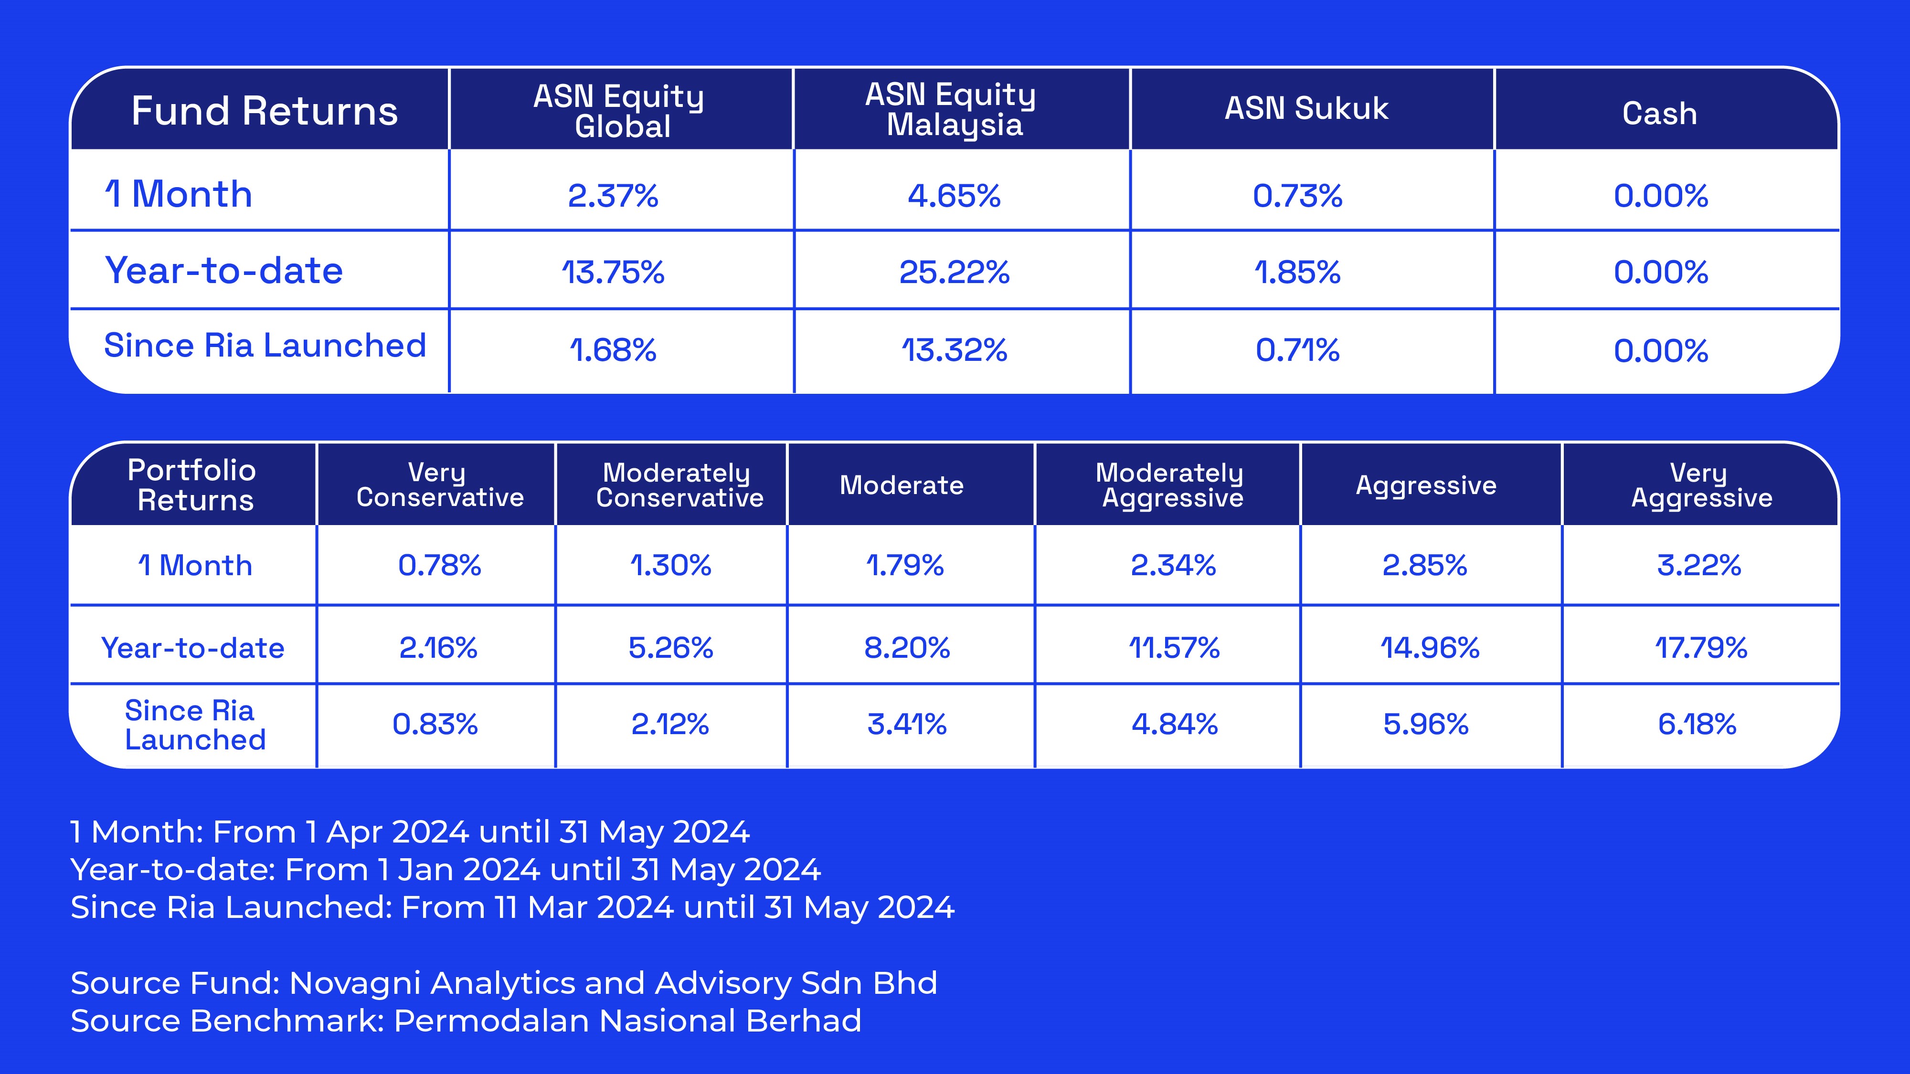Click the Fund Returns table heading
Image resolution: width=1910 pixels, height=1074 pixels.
click(264, 111)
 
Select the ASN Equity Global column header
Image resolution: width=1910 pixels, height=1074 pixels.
click(620, 111)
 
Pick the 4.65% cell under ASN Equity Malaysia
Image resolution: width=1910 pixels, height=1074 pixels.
click(954, 196)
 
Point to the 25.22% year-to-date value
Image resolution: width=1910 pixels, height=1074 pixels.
click(954, 272)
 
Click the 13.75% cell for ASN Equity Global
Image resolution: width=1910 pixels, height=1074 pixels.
click(613, 272)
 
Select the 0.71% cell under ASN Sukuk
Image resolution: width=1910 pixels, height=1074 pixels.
click(1297, 350)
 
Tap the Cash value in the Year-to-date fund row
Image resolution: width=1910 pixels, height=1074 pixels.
click(1661, 272)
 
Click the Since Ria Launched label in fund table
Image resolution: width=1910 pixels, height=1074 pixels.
click(265, 346)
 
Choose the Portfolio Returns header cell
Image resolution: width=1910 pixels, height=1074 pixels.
click(193, 485)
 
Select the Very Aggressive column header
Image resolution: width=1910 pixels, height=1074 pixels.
click(1701, 485)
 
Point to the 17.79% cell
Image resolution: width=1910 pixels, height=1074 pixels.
click(1701, 648)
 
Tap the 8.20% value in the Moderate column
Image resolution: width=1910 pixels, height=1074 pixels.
click(907, 648)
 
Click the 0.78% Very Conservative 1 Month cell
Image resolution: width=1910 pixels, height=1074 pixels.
click(439, 566)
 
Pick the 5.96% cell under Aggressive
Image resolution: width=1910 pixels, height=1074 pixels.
click(1425, 724)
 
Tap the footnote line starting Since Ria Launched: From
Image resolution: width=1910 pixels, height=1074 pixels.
click(511, 907)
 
